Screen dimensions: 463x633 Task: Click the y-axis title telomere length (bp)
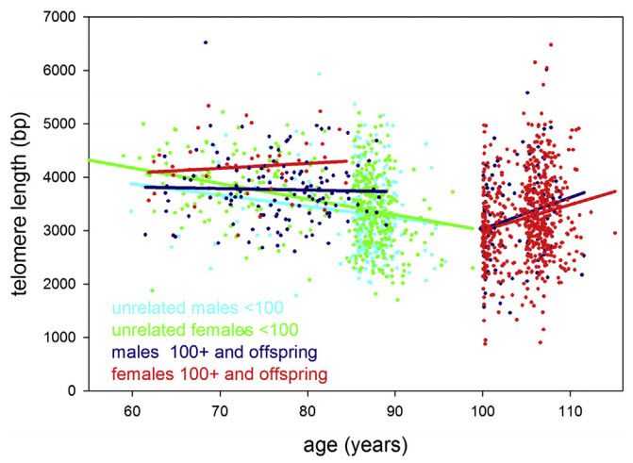(23, 203)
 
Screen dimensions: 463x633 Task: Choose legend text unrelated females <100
(206, 330)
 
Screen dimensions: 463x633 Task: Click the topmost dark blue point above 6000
(206, 42)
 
